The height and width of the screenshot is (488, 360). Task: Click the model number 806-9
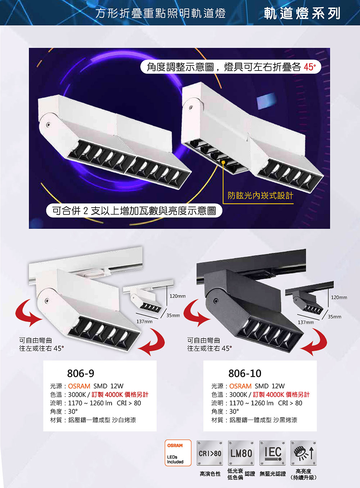pos(81,374)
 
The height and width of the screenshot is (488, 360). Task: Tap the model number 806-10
pos(245,374)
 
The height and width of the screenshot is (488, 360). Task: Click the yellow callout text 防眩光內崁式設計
pos(260,196)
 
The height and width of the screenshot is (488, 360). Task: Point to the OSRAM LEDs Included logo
pos(178,453)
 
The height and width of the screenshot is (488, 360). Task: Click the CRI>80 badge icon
pos(210,453)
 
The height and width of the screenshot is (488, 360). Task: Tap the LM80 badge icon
pos(241,453)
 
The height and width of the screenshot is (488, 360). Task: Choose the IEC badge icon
pos(273,453)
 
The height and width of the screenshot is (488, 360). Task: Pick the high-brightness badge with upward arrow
pos(303,453)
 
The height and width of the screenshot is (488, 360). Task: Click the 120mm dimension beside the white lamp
pos(177,296)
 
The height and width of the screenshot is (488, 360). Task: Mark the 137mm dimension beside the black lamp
pos(306,322)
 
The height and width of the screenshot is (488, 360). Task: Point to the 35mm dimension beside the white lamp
pos(173,315)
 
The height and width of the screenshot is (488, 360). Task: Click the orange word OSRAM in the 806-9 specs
pos(79,386)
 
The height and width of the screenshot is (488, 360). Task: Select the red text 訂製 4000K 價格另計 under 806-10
pos(281,394)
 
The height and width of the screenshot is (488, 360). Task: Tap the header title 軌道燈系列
pos(302,13)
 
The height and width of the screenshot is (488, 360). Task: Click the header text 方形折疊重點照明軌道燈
pos(161,14)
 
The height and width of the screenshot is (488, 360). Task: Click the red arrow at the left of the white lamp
pos(27,313)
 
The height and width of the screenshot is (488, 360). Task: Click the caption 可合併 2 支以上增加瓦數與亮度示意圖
pos(134,211)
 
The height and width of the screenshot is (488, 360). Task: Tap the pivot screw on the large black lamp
pos(216,301)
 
